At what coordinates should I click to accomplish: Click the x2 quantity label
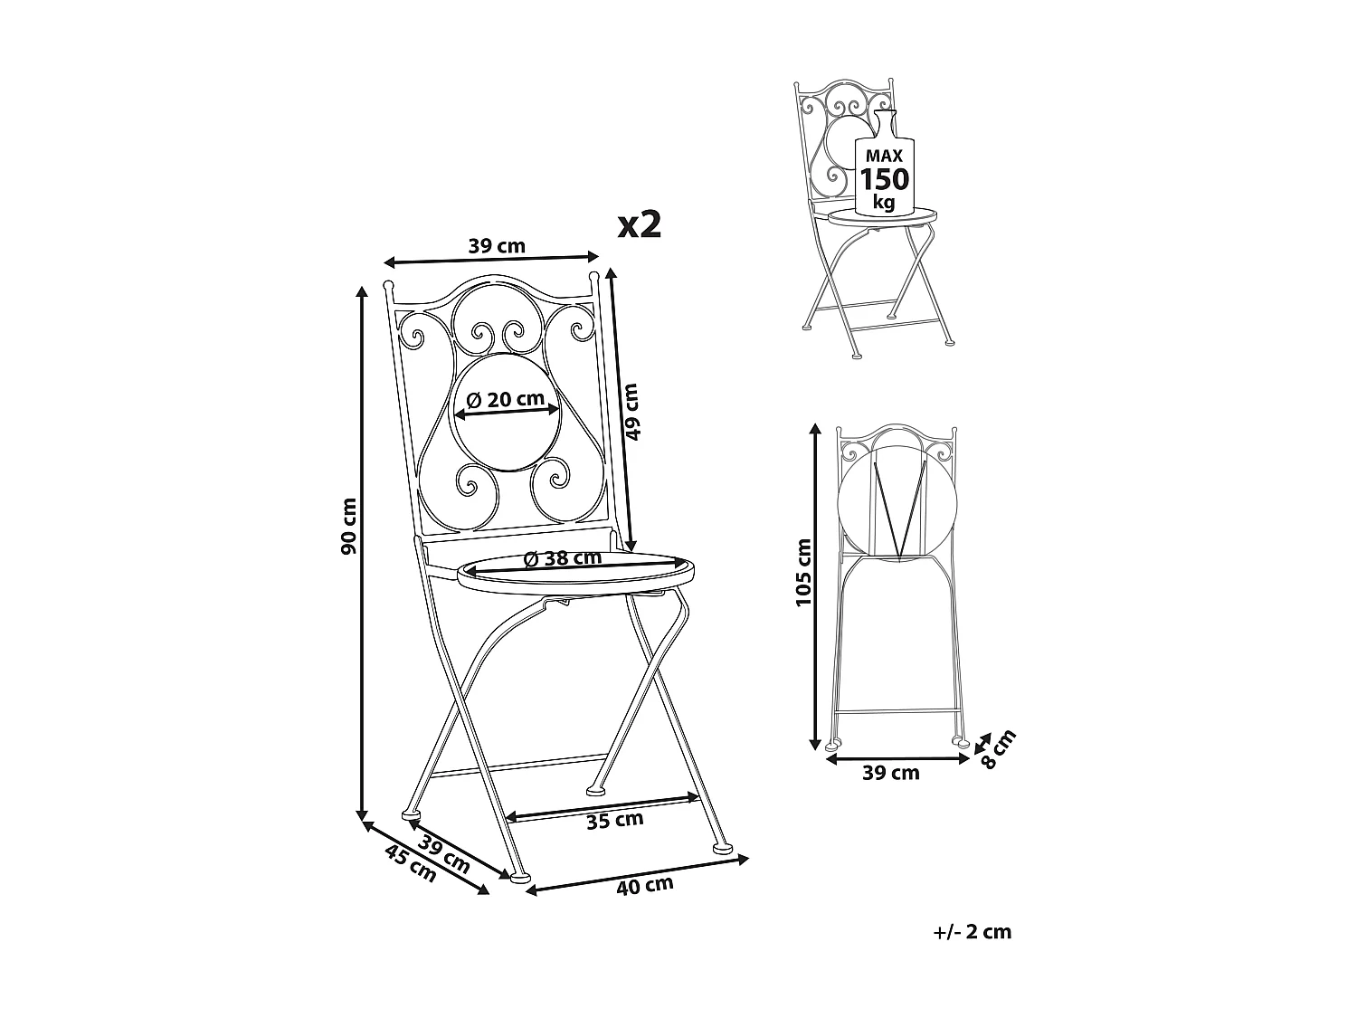click(639, 224)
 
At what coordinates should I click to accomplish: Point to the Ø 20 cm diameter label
click(507, 399)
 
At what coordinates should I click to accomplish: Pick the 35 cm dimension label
click(615, 820)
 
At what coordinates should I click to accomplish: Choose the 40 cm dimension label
click(645, 885)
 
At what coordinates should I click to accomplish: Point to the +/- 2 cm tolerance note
click(972, 932)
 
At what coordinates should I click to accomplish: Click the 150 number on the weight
click(884, 179)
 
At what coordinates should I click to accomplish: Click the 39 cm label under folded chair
click(893, 773)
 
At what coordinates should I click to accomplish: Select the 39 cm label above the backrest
click(497, 245)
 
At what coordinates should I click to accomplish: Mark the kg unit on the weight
click(883, 203)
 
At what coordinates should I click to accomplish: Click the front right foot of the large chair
click(723, 849)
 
